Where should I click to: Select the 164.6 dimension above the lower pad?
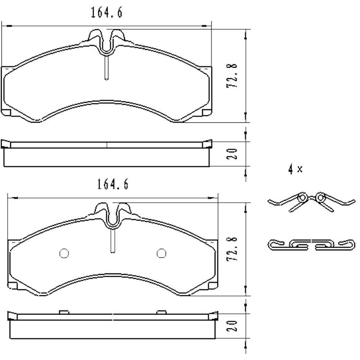click(113, 185)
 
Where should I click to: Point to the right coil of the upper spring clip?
click(320, 197)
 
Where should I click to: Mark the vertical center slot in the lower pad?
click(113, 240)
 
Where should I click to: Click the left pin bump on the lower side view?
click(64, 311)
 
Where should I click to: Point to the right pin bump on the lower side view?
click(162, 311)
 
